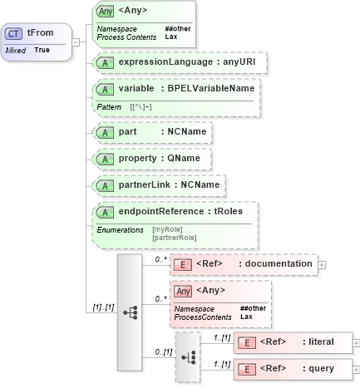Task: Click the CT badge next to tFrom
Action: tap(14, 34)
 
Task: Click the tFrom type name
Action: tap(37, 34)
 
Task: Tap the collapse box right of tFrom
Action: tap(75, 42)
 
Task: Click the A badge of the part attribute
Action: tap(106, 132)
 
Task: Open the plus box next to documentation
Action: tap(322, 264)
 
